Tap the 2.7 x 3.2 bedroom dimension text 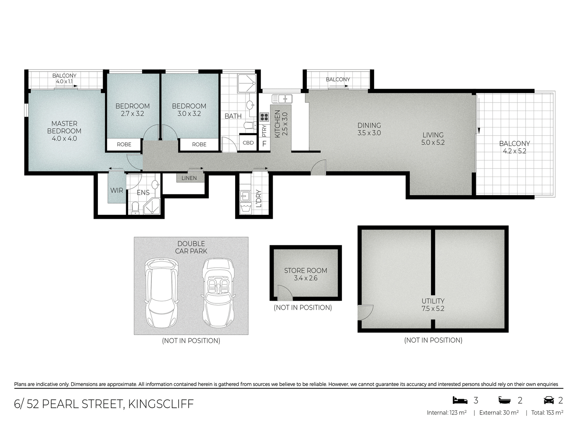click(132, 114)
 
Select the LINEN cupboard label click(189, 178)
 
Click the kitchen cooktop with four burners click(264, 117)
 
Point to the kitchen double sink click(282, 98)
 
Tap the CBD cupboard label click(248, 143)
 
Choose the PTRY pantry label click(264, 131)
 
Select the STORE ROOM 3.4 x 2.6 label click(306, 274)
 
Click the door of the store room click(284, 293)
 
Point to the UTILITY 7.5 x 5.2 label click(433, 305)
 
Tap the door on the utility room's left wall click(365, 313)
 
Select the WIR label click(117, 190)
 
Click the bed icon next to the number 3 click(460, 400)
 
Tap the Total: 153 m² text click(547, 413)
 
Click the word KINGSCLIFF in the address click(161, 404)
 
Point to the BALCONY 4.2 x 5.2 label click(514, 147)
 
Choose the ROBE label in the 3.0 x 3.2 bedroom click(199, 145)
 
